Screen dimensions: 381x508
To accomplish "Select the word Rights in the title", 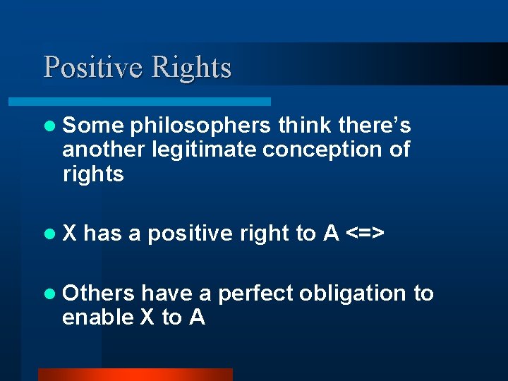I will (x=191, y=68).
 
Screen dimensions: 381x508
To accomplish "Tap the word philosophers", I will (x=200, y=126).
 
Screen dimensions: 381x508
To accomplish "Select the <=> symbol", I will (x=364, y=234).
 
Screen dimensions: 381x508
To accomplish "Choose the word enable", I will (x=97, y=317).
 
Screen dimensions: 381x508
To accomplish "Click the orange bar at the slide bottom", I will (x=135, y=374).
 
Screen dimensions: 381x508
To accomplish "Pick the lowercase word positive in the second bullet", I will (x=188, y=234).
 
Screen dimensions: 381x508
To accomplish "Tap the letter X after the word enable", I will (x=147, y=317).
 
